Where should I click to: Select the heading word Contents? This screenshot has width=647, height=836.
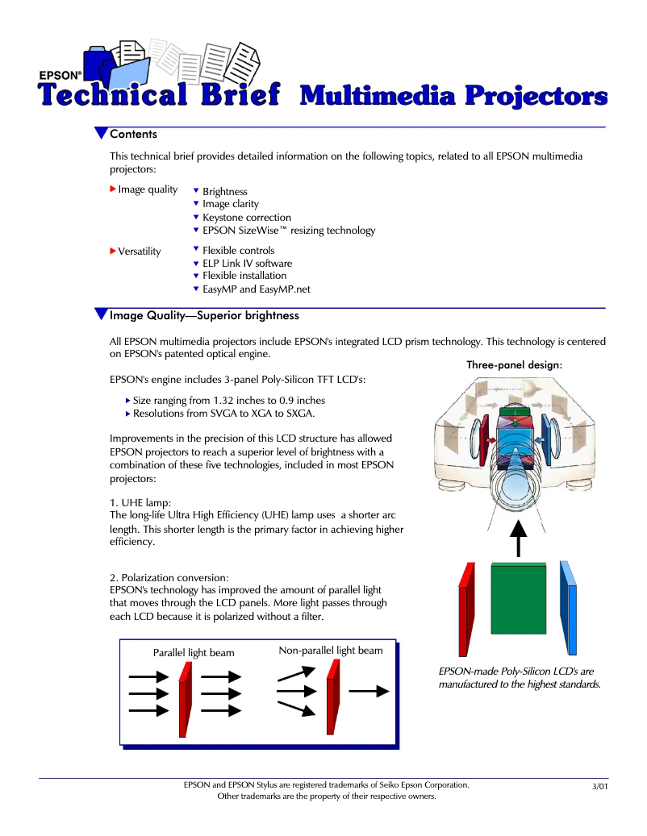click(x=133, y=134)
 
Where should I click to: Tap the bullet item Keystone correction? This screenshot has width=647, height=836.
click(x=247, y=218)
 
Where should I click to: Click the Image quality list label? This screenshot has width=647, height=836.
click(x=148, y=189)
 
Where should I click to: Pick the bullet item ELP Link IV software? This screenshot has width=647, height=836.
click(x=247, y=264)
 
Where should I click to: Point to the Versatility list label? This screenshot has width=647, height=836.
click(x=139, y=252)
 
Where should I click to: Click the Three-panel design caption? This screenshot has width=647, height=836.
click(x=514, y=365)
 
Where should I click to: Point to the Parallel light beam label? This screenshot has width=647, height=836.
click(x=194, y=653)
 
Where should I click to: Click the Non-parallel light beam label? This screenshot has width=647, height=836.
click(x=330, y=651)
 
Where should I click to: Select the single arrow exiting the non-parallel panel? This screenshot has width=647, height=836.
click(x=369, y=691)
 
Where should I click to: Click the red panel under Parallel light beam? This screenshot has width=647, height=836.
click(x=185, y=699)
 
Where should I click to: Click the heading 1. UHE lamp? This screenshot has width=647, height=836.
click(x=140, y=503)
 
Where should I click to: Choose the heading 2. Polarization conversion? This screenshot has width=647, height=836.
click(x=169, y=578)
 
